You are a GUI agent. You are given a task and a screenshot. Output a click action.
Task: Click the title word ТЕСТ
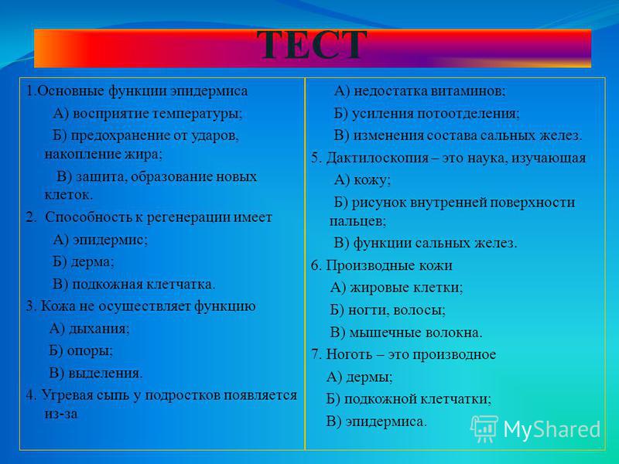(312, 46)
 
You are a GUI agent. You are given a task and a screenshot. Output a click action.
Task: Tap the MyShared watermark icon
(485, 428)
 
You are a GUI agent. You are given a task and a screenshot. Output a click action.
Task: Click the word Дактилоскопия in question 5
(378, 159)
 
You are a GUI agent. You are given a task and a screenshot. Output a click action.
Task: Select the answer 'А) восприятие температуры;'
(147, 114)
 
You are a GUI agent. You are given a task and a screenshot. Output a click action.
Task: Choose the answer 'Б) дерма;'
(84, 261)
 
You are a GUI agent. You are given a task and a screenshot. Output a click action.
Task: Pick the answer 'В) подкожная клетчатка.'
(134, 284)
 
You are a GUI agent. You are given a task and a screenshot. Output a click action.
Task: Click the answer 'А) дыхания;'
(89, 329)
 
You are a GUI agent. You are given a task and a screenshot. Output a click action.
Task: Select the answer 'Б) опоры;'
(81, 351)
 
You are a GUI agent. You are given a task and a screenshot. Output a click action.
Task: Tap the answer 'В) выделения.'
(96, 373)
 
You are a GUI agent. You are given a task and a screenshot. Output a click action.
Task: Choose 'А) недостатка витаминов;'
(419, 91)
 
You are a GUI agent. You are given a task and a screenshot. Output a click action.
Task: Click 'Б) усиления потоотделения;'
(427, 114)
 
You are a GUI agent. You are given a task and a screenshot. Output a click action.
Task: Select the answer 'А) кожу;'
(362, 180)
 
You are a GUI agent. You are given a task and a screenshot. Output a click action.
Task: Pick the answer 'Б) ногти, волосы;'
(388, 310)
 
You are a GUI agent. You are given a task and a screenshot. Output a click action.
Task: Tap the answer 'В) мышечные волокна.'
(406, 333)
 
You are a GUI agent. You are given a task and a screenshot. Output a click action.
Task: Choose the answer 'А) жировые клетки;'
(396, 288)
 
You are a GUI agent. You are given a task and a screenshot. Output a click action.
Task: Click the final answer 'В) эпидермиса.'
(377, 421)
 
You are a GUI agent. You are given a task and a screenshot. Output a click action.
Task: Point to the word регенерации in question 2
(188, 218)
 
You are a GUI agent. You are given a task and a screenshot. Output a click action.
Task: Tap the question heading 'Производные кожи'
(389, 265)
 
